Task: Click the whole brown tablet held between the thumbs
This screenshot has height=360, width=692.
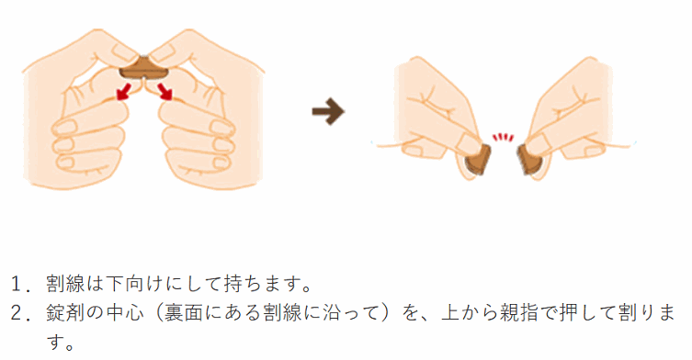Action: click(144, 70)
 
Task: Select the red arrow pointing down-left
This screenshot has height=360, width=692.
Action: click(123, 90)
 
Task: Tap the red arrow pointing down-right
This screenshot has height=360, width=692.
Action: click(165, 90)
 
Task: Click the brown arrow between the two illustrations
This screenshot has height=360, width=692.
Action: click(328, 111)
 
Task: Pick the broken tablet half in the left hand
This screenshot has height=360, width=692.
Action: click(478, 160)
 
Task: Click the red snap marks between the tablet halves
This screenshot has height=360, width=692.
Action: click(503, 137)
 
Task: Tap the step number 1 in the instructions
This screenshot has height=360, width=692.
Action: click(17, 284)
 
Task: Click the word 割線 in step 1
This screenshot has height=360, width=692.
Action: click(66, 284)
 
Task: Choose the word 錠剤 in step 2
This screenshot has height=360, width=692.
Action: click(66, 313)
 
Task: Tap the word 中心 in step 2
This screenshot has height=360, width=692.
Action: click(125, 313)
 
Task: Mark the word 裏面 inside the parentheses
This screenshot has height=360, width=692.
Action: click(184, 313)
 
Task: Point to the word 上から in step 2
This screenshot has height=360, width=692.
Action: click(470, 313)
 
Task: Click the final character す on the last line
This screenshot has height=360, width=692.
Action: click(55, 342)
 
